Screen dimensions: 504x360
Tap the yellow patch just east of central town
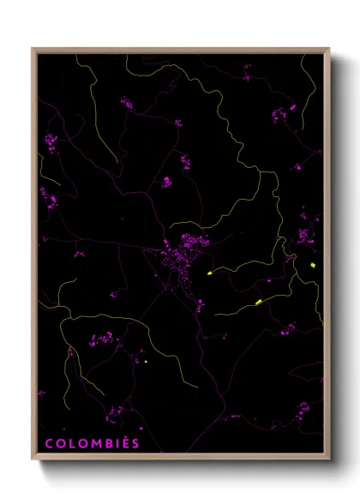pos(208,273)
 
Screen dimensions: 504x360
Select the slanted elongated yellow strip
pos(258,302)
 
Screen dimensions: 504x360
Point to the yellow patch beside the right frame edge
pos(314,267)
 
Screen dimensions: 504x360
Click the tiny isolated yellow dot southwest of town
pos(147,363)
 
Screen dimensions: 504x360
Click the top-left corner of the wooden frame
pos(33,49)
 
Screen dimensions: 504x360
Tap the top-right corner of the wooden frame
pos(329,49)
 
